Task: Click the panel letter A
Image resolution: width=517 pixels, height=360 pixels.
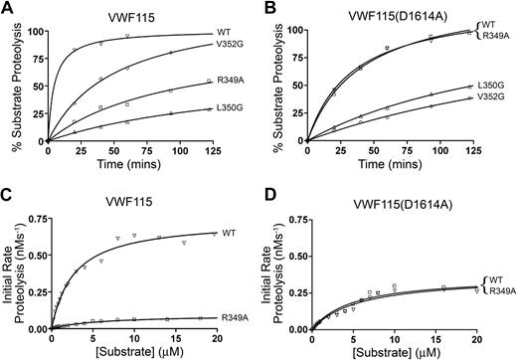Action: (8, 8)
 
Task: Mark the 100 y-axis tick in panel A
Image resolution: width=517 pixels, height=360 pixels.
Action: (37, 28)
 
